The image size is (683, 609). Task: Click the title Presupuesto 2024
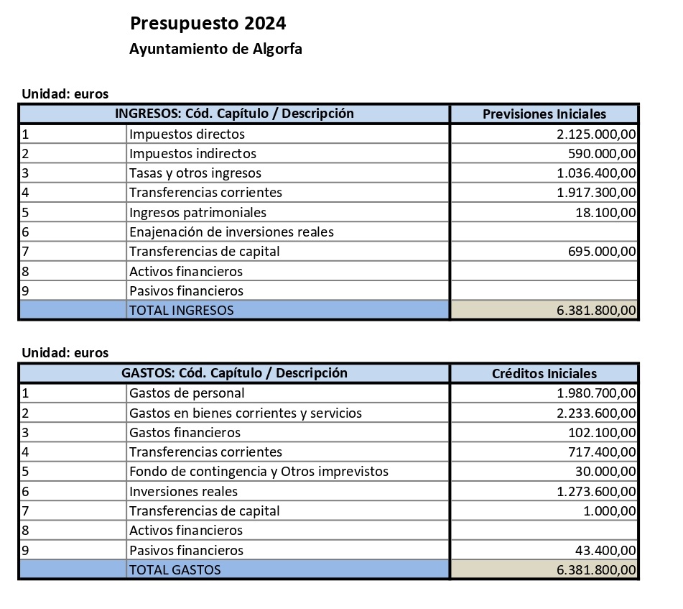coord(208,24)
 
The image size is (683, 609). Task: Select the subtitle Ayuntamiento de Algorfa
coord(215,50)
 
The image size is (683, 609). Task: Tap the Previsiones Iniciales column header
coord(544,114)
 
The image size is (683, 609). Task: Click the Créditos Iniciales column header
coord(544,373)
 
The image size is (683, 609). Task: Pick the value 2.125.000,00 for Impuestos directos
coord(596,134)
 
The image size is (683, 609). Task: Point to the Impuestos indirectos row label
coord(192,153)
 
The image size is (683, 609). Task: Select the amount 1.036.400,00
coord(596,173)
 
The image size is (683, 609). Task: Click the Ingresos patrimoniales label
coord(198,212)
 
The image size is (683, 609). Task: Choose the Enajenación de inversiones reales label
coord(231,232)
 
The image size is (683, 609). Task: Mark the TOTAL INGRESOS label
coord(181,310)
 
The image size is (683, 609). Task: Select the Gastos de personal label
coord(187,393)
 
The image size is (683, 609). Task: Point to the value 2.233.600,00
coord(596,413)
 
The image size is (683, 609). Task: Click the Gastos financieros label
coord(185,432)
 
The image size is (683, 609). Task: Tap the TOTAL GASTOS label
coord(175,569)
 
